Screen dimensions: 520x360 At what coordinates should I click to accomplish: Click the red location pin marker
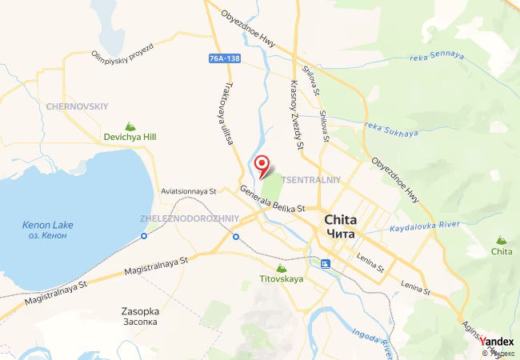click(261, 165)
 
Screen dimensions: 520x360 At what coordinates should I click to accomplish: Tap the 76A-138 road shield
click(225, 58)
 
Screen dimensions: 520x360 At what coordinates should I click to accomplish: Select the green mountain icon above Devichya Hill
click(130, 126)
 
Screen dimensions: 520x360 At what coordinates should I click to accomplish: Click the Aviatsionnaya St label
click(189, 192)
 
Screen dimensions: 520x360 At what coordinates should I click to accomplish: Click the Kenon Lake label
click(47, 225)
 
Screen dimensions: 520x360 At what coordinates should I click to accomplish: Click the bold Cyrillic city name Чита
click(345, 233)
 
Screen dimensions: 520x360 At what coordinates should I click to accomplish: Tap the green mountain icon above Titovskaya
click(280, 268)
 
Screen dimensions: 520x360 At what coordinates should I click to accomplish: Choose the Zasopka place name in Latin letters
click(141, 310)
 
